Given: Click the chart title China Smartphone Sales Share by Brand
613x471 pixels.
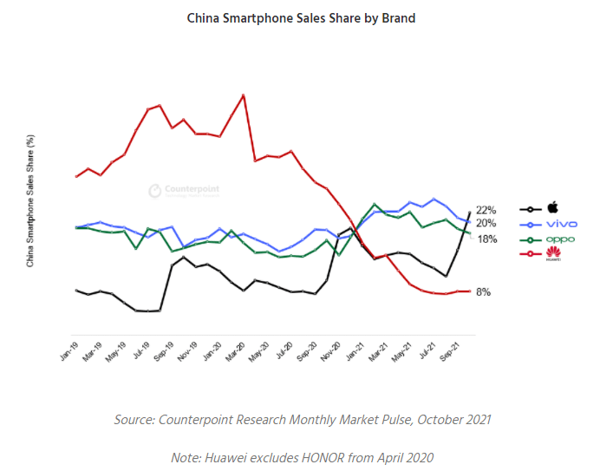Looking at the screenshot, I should pos(302,17).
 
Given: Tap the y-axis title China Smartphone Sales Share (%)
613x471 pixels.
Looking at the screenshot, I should pos(30,200).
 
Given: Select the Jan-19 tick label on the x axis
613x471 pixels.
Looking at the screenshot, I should pos(68,351).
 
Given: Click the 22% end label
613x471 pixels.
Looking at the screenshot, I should pos(486,210).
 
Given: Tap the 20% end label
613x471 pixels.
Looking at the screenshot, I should pos(486,224).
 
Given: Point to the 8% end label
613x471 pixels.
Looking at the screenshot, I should pos(483,292).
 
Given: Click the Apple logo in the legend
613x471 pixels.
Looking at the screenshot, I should pos(552,208).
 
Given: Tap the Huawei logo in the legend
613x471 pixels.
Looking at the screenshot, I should pos(552,253).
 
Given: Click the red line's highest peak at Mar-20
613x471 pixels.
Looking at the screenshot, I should pos(244,95).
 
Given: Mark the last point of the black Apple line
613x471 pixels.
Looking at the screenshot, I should pos(470,212).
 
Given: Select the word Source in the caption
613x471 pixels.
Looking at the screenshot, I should pos(135,420).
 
